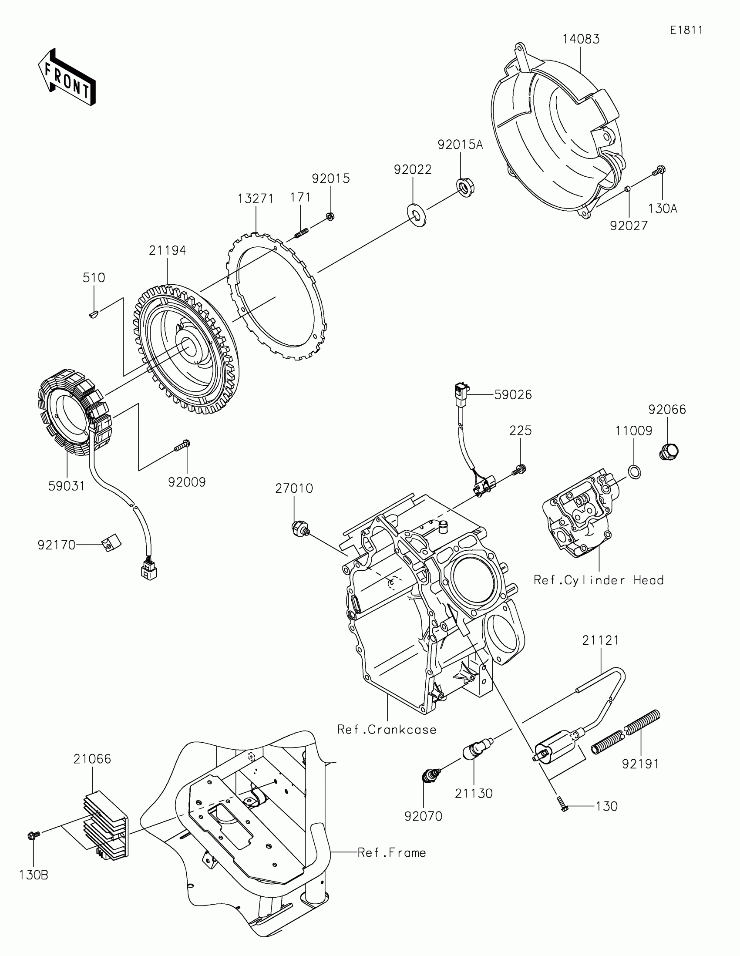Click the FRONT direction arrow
[67, 77]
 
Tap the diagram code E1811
[686, 30]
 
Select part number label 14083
[581, 39]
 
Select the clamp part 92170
[111, 543]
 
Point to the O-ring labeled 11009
[635, 472]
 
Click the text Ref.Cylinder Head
[598, 580]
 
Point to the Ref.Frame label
[392, 853]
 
